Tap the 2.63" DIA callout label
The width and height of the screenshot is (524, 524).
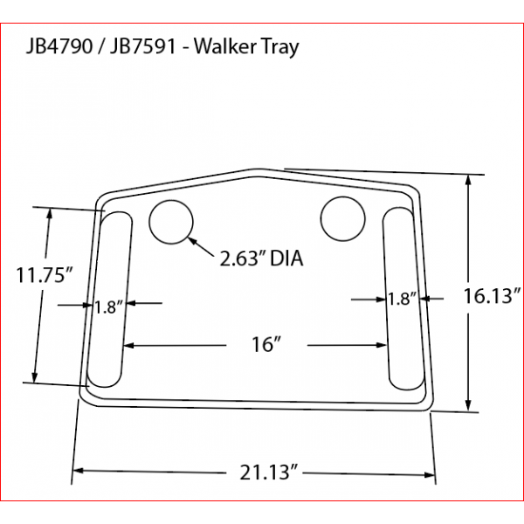click(x=261, y=259)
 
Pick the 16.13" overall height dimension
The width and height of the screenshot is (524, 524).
click(x=492, y=296)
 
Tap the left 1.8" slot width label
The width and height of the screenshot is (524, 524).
click(x=109, y=307)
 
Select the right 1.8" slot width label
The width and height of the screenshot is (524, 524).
click(x=402, y=300)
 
